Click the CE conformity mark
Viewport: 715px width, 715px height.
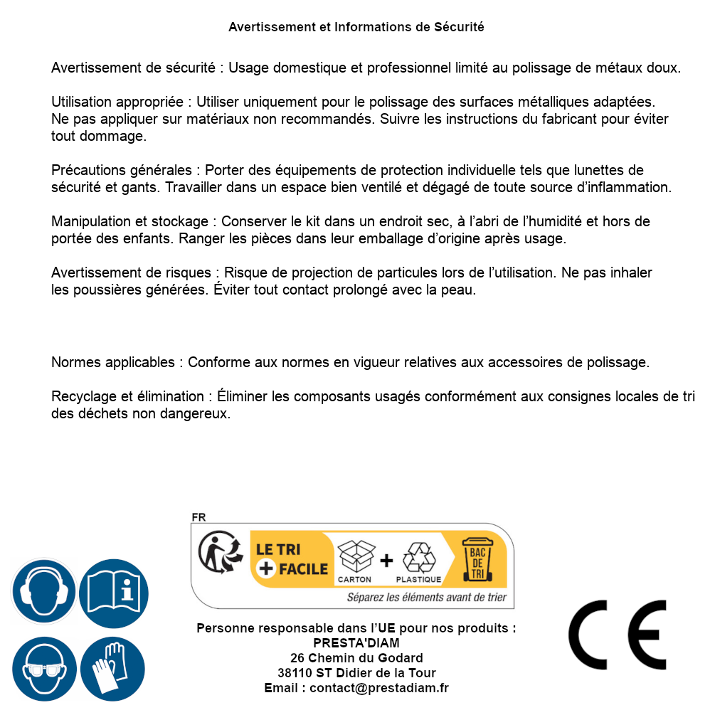pos(618,635)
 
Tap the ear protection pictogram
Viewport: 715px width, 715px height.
pos(43,592)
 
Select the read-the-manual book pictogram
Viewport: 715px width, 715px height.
pos(113,592)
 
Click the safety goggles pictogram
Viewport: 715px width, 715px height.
pos(43,669)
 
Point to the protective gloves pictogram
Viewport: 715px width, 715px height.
pos(112,669)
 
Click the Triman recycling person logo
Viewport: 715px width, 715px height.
pos(218,553)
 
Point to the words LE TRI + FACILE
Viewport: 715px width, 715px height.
pos(292,559)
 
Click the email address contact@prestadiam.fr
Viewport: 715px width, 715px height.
pos(379,688)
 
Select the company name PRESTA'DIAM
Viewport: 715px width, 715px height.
pos(356,643)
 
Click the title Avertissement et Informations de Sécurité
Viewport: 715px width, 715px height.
pos(356,27)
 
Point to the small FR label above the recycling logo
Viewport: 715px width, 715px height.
pos(198,518)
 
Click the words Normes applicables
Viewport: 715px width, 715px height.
pos(112,362)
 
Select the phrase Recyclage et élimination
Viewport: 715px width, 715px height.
pos(127,396)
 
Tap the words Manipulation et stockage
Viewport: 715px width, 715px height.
pos(132,221)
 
